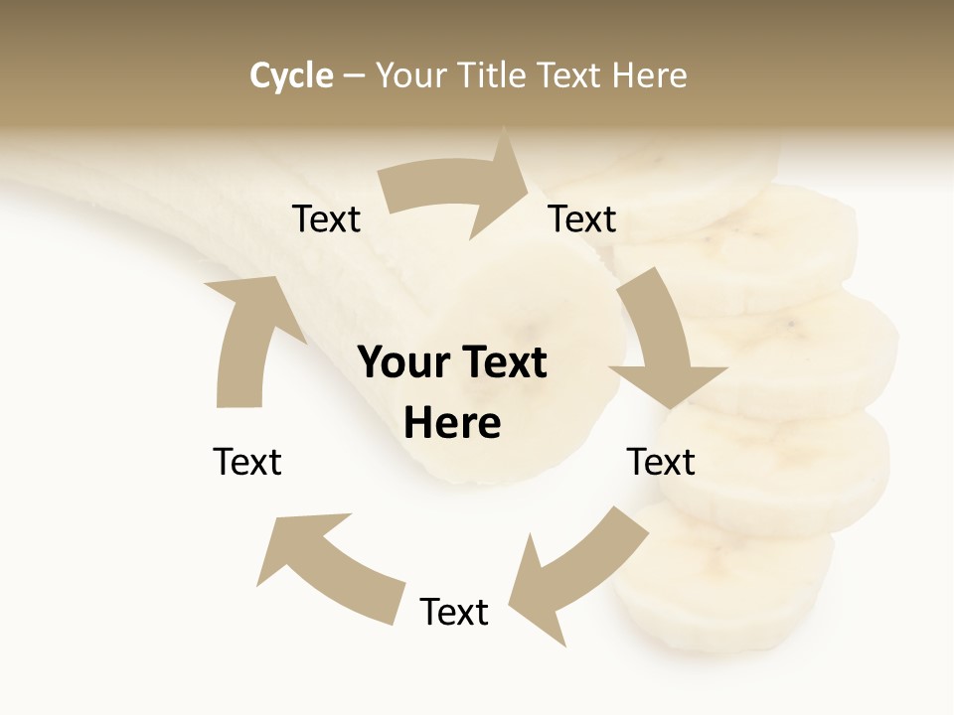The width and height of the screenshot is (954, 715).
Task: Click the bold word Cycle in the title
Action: point(291,75)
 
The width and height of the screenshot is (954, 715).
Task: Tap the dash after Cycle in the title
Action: point(354,75)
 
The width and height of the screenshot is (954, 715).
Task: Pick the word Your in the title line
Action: point(410,75)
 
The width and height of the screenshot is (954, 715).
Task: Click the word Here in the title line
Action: point(651,75)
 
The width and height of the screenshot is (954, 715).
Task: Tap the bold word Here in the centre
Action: point(452,423)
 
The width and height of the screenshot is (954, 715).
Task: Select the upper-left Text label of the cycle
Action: point(326,219)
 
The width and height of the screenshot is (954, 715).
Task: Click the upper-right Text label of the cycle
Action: point(582,219)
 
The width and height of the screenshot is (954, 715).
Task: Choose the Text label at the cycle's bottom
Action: point(454,612)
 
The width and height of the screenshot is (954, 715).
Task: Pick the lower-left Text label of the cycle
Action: point(247,462)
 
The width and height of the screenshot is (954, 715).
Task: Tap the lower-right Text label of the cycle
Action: point(661,462)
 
